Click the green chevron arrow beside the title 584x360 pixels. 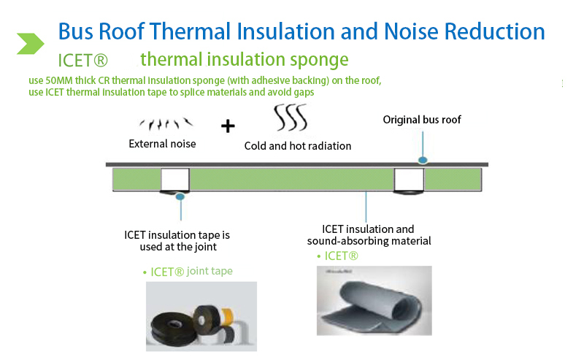tap(31, 44)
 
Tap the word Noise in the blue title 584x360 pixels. tap(411, 31)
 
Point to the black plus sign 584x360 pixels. tap(228, 126)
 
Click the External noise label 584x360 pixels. tap(162, 144)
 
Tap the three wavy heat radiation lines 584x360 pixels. tap(291, 117)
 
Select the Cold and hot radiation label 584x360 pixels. tap(298, 146)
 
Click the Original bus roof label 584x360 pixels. tap(422, 120)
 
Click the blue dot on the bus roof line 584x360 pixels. tap(423, 160)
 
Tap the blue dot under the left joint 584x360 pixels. tap(180, 196)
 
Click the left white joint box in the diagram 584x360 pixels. tap(175, 180)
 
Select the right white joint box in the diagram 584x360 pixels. tap(409, 180)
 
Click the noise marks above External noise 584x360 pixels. tap(166, 123)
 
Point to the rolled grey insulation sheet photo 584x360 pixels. tap(374, 301)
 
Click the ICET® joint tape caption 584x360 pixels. tap(191, 272)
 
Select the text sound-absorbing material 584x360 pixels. tap(369, 241)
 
